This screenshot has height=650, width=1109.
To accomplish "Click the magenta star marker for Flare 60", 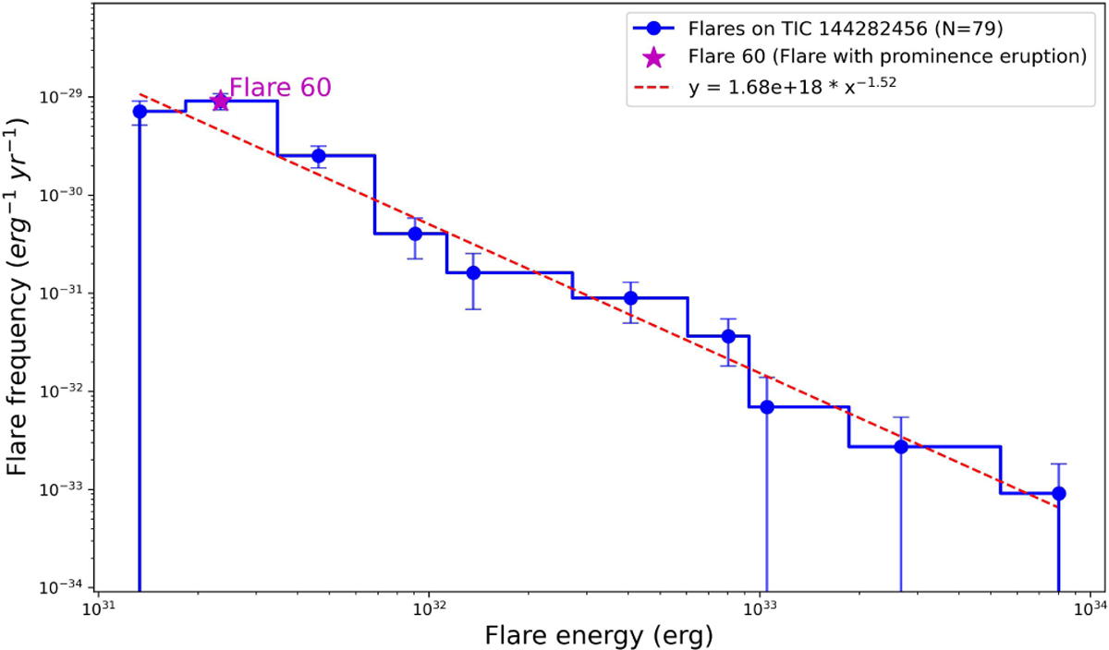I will click(x=220, y=101).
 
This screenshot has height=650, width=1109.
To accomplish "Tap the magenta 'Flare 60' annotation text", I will click(x=280, y=87).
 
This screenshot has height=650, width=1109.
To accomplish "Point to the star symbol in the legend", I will click(x=653, y=57).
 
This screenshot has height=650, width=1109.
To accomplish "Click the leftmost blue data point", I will click(x=140, y=111).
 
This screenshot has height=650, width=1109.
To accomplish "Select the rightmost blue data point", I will click(x=1059, y=493).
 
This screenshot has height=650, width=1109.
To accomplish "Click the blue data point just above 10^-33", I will click(x=901, y=447).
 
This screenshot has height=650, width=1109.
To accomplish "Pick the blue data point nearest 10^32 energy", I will click(x=415, y=234).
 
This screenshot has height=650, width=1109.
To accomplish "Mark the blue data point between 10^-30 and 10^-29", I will click(x=319, y=156).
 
